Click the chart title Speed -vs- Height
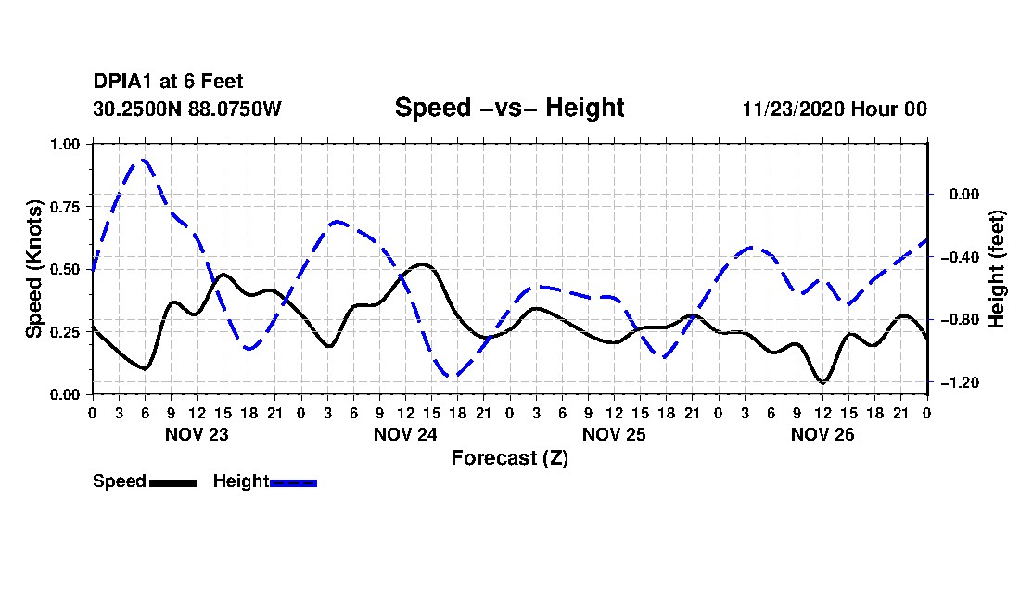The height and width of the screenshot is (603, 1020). click(509, 108)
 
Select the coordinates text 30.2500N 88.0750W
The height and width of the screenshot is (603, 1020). click(186, 109)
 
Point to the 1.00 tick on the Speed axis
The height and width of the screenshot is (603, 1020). click(70, 144)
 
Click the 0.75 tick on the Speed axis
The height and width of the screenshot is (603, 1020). click(70, 207)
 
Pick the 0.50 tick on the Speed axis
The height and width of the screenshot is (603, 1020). click(70, 269)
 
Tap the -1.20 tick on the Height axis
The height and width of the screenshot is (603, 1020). click(960, 382)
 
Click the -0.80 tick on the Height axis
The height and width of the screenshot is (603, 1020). click(960, 319)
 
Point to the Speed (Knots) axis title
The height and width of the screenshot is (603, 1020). click(34, 269)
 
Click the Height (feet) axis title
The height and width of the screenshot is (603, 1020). click(997, 269)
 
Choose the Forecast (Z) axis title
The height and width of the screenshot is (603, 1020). click(509, 457)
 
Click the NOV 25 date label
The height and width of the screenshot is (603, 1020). click(614, 434)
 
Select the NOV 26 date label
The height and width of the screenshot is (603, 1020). click(822, 434)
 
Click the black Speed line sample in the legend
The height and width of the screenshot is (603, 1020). click(172, 482)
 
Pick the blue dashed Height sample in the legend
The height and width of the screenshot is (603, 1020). click(293, 482)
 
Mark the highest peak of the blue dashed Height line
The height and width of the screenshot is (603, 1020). click(144, 160)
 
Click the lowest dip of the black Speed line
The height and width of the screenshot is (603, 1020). click(822, 382)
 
